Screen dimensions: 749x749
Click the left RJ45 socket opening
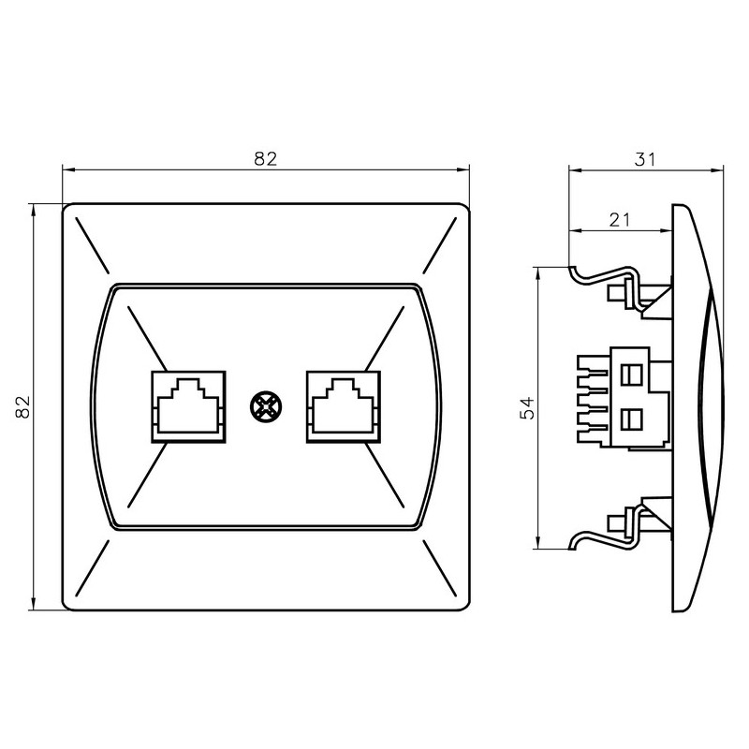tap(188, 406)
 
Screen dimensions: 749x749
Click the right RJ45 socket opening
tap(344, 406)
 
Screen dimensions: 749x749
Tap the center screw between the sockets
tap(266, 407)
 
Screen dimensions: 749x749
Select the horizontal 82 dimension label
tap(266, 158)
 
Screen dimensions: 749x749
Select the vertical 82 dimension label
tap(22, 407)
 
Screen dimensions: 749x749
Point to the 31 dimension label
tap(645, 159)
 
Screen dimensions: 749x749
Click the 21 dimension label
tap(620, 220)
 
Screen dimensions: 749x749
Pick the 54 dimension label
tap(527, 407)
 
